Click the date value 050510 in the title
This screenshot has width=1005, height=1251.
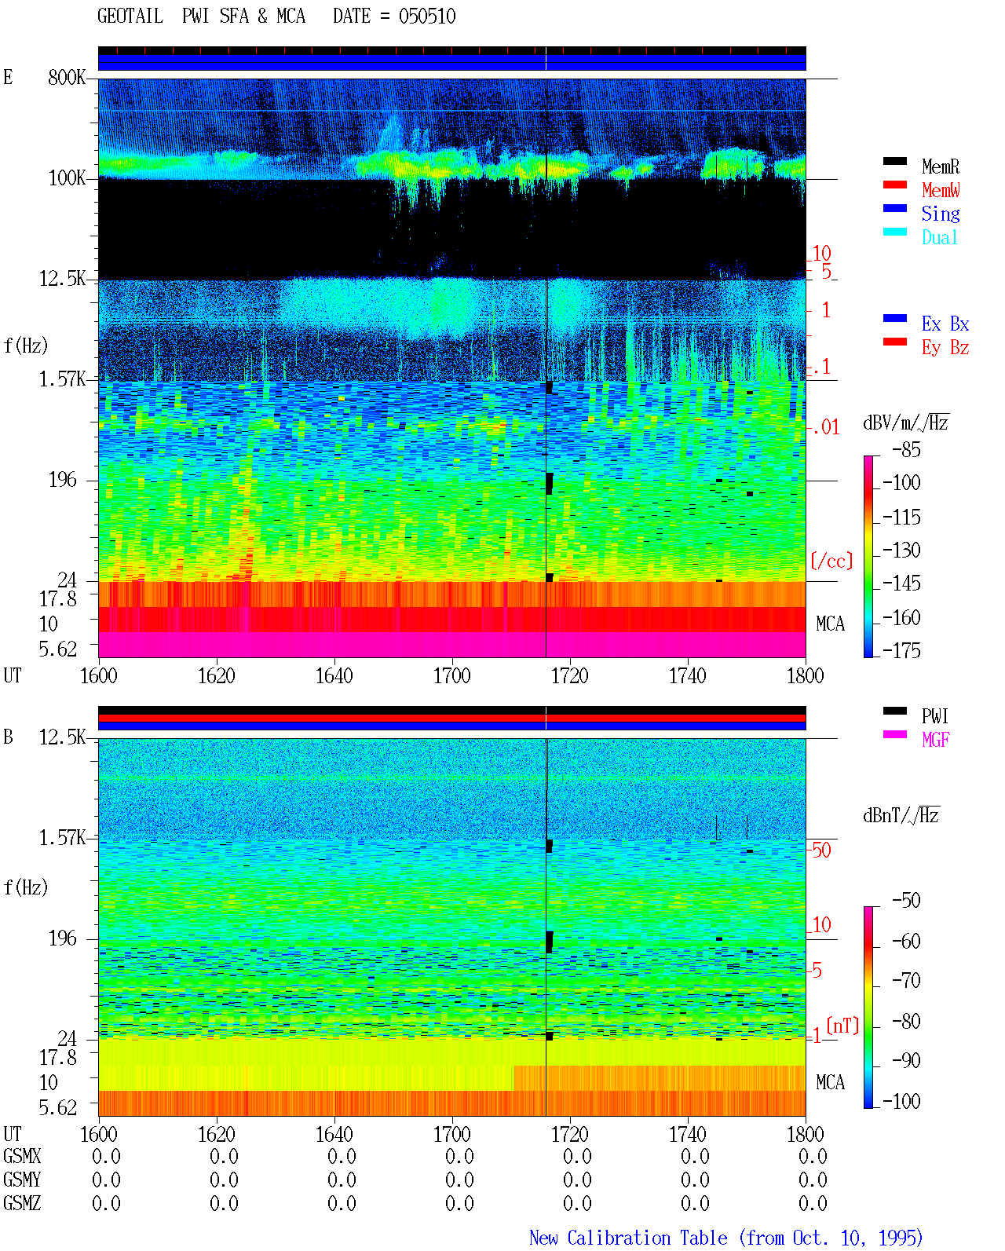426,16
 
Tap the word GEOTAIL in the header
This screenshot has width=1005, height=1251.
130,16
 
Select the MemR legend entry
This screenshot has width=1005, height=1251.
940,166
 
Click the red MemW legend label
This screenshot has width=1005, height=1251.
941,190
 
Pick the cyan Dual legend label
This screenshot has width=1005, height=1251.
939,237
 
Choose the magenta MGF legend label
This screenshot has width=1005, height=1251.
935,740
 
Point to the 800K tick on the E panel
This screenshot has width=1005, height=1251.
66,77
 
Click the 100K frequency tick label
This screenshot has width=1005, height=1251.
66,178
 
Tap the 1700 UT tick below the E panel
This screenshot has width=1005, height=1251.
451,675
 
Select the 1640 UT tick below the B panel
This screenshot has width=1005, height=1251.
334,1134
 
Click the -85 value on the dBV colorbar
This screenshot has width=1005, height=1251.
906,450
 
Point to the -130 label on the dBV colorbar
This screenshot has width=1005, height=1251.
901,550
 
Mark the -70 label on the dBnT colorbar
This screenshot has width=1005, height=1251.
906,981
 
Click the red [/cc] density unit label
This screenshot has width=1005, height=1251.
831,561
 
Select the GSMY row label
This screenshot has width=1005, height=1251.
22,1180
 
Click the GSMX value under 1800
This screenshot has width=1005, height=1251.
813,1157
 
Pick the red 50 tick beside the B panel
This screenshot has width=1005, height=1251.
821,850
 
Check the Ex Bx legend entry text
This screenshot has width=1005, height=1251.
945,324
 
